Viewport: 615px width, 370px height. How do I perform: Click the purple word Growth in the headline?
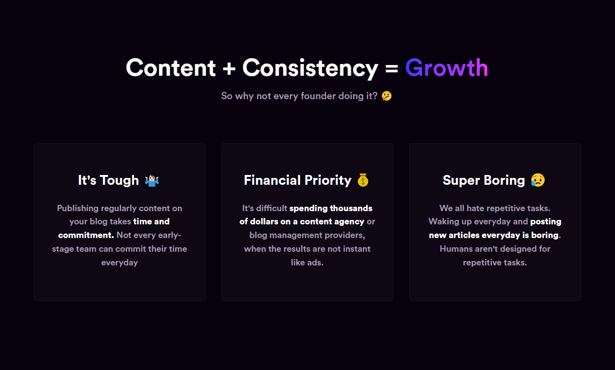tap(447, 68)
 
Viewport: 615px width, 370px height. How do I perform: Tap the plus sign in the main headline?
tap(229, 68)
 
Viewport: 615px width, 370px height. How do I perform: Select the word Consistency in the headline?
tap(310, 68)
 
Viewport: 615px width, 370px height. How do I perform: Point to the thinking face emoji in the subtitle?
tap(387, 96)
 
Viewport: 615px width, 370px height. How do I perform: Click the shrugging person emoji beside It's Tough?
tap(152, 180)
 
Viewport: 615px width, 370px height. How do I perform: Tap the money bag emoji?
tap(363, 180)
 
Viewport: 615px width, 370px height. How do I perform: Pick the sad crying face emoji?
tap(538, 180)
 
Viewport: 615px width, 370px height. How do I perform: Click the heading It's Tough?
tap(109, 180)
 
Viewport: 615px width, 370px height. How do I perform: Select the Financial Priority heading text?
tap(298, 181)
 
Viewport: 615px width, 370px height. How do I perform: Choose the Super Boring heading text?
tap(484, 181)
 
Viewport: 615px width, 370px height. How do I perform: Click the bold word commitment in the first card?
tap(86, 235)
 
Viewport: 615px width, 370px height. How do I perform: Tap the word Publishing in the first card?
tap(78, 208)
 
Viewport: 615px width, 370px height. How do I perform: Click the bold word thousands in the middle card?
tap(351, 208)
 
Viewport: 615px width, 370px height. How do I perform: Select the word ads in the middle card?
tap(315, 262)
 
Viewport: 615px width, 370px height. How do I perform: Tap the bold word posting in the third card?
tap(546, 222)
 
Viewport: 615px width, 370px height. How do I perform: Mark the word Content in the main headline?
tap(171, 68)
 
